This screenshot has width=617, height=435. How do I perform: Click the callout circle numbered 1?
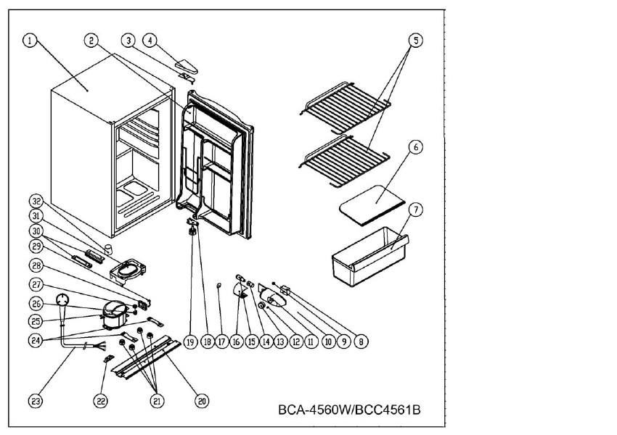[x=29, y=41]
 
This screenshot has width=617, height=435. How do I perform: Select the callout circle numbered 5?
[x=414, y=41]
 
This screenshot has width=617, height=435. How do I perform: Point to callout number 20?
[x=202, y=399]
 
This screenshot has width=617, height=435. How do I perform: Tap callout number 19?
[x=190, y=341]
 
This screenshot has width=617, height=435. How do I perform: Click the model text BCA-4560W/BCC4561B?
[x=349, y=410]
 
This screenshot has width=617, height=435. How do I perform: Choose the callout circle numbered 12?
[x=295, y=341]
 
